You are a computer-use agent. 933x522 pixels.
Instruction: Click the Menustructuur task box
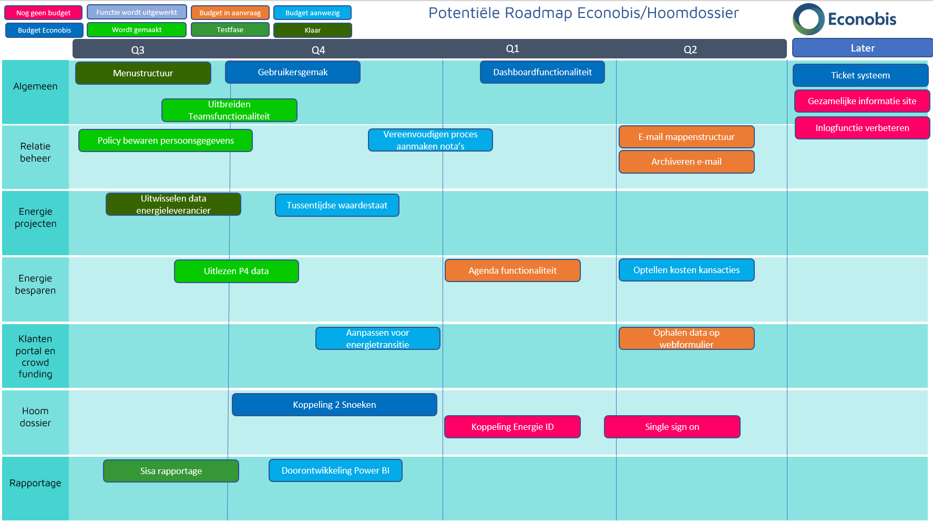click(143, 73)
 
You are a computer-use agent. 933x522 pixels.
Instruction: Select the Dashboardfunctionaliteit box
click(542, 72)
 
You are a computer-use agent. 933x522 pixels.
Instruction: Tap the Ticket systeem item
click(860, 75)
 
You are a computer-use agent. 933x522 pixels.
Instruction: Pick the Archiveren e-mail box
click(686, 162)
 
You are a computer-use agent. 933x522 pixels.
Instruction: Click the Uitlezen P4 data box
click(236, 271)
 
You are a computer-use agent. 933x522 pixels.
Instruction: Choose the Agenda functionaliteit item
click(512, 270)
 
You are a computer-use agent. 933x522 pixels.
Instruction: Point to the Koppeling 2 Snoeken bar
click(334, 405)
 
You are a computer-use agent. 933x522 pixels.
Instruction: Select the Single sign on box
click(672, 427)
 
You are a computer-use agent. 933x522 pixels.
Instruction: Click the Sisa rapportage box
click(171, 471)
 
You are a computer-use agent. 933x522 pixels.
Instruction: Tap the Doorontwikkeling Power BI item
click(335, 470)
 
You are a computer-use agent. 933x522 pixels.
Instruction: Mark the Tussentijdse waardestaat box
click(337, 205)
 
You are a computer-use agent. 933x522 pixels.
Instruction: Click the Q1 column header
click(512, 48)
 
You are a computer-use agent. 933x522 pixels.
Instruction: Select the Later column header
click(862, 48)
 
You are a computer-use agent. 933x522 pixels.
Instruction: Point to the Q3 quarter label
click(138, 50)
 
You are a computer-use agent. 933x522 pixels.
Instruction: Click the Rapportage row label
click(35, 483)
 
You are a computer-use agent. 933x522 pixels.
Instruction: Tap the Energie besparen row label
click(35, 284)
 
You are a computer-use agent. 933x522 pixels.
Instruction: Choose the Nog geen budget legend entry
click(44, 13)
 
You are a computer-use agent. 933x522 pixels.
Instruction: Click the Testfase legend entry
click(230, 30)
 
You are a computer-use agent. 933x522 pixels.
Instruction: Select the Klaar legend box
click(312, 31)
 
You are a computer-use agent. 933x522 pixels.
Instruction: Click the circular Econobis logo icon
click(808, 19)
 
